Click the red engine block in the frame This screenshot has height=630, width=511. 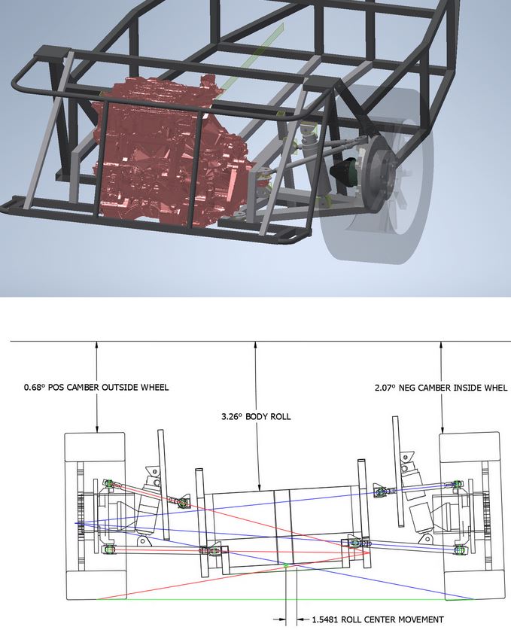click(169, 153)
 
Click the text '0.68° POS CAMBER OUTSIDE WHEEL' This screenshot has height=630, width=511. click(96, 388)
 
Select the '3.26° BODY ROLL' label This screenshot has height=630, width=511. click(256, 416)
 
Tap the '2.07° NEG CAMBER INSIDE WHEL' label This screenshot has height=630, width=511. click(441, 388)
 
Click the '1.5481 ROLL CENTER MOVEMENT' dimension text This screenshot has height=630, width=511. click(378, 619)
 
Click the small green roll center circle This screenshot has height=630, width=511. click(286, 566)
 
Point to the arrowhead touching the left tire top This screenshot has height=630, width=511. click(97, 429)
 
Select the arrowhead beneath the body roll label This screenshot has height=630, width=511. click(260, 487)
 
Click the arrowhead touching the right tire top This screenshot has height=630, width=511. click(443, 429)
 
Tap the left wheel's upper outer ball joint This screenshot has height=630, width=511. click(108, 482)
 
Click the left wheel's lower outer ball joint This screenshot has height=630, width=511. click(108, 549)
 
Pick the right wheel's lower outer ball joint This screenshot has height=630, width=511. click(458, 549)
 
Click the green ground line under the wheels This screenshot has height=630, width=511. click(285, 599)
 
